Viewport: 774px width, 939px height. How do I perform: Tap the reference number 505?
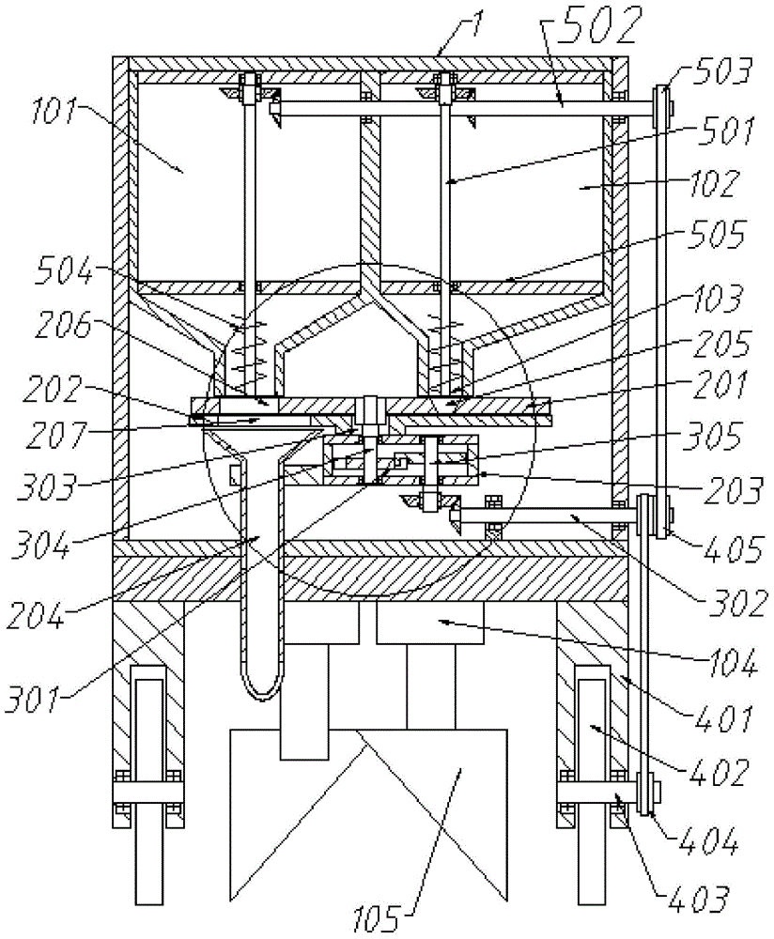[x=719, y=235]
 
